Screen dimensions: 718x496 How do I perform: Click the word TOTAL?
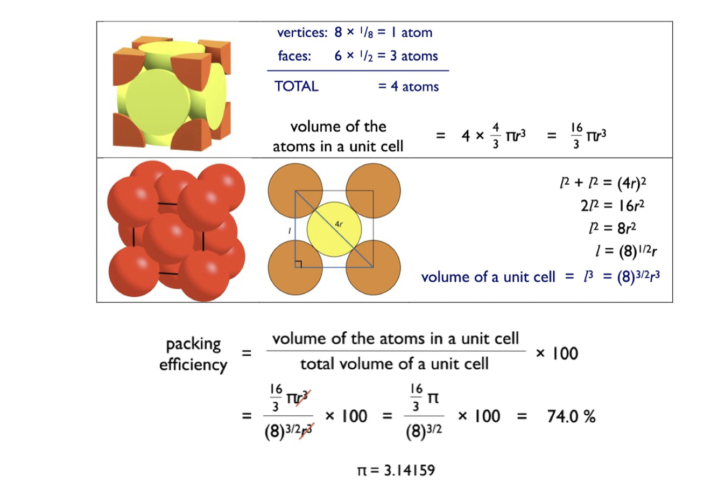[x=296, y=86]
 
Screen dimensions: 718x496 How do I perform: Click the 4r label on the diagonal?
[x=339, y=224]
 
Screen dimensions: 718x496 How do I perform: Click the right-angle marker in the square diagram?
[x=299, y=264]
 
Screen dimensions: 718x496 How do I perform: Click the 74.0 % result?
[x=571, y=416]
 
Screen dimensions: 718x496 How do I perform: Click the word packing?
[x=193, y=344]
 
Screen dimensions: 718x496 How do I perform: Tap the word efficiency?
[x=193, y=365]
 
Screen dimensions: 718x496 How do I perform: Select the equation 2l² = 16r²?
[x=613, y=205]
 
